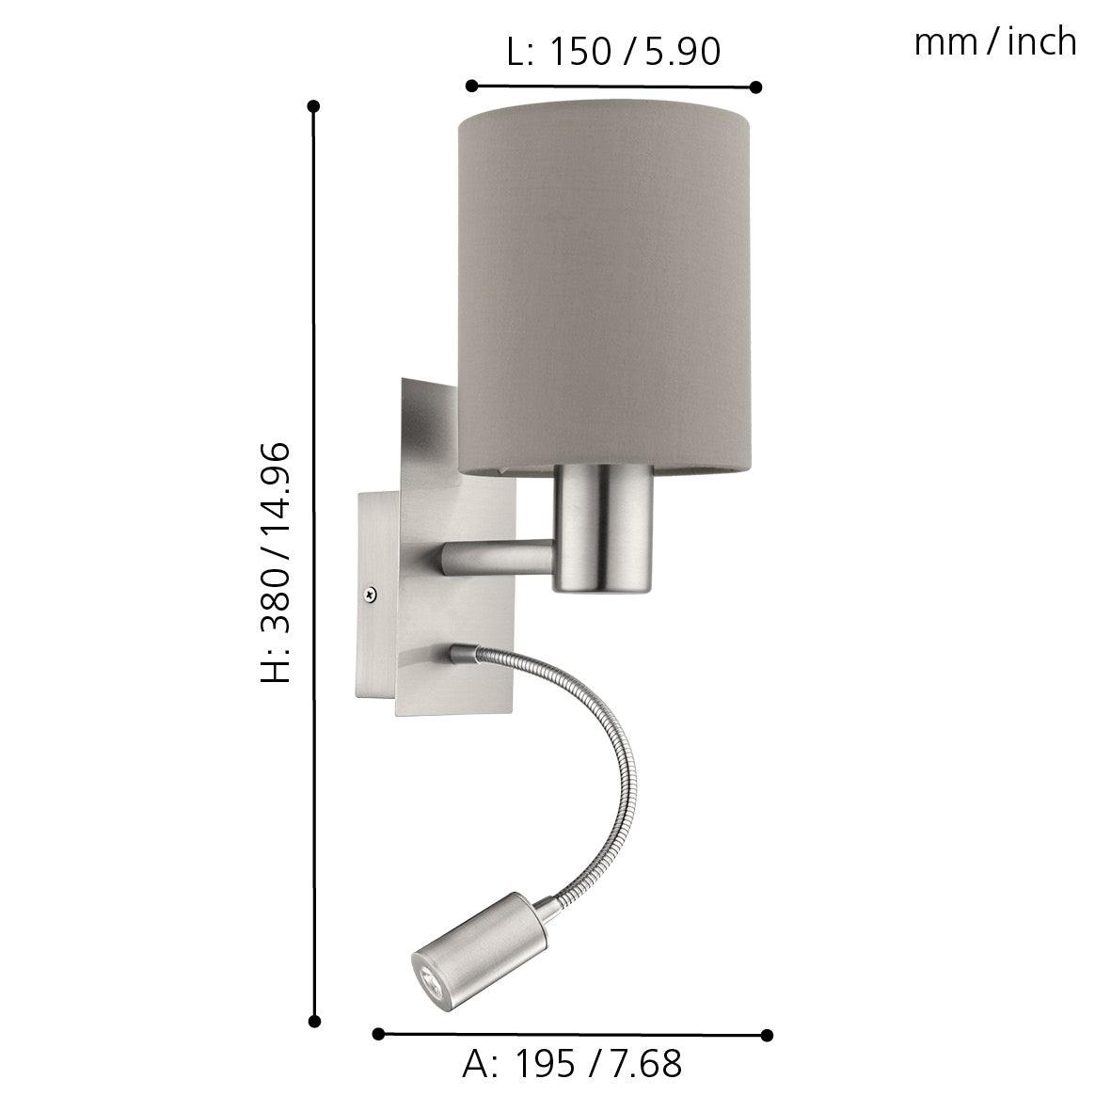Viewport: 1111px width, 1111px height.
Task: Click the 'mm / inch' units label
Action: pyautogui.click(x=994, y=42)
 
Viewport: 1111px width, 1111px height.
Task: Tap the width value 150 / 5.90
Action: pyautogui.click(x=634, y=53)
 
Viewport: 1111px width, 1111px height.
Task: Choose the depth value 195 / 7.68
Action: pyautogui.click(x=597, y=1064)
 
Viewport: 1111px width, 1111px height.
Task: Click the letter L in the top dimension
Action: pyautogui.click(x=517, y=53)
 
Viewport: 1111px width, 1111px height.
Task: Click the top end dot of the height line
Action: pyautogui.click(x=314, y=106)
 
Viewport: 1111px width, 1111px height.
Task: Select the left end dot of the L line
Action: pyautogui.click(x=472, y=87)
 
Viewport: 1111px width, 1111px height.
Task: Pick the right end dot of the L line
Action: pyautogui.click(x=755, y=87)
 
